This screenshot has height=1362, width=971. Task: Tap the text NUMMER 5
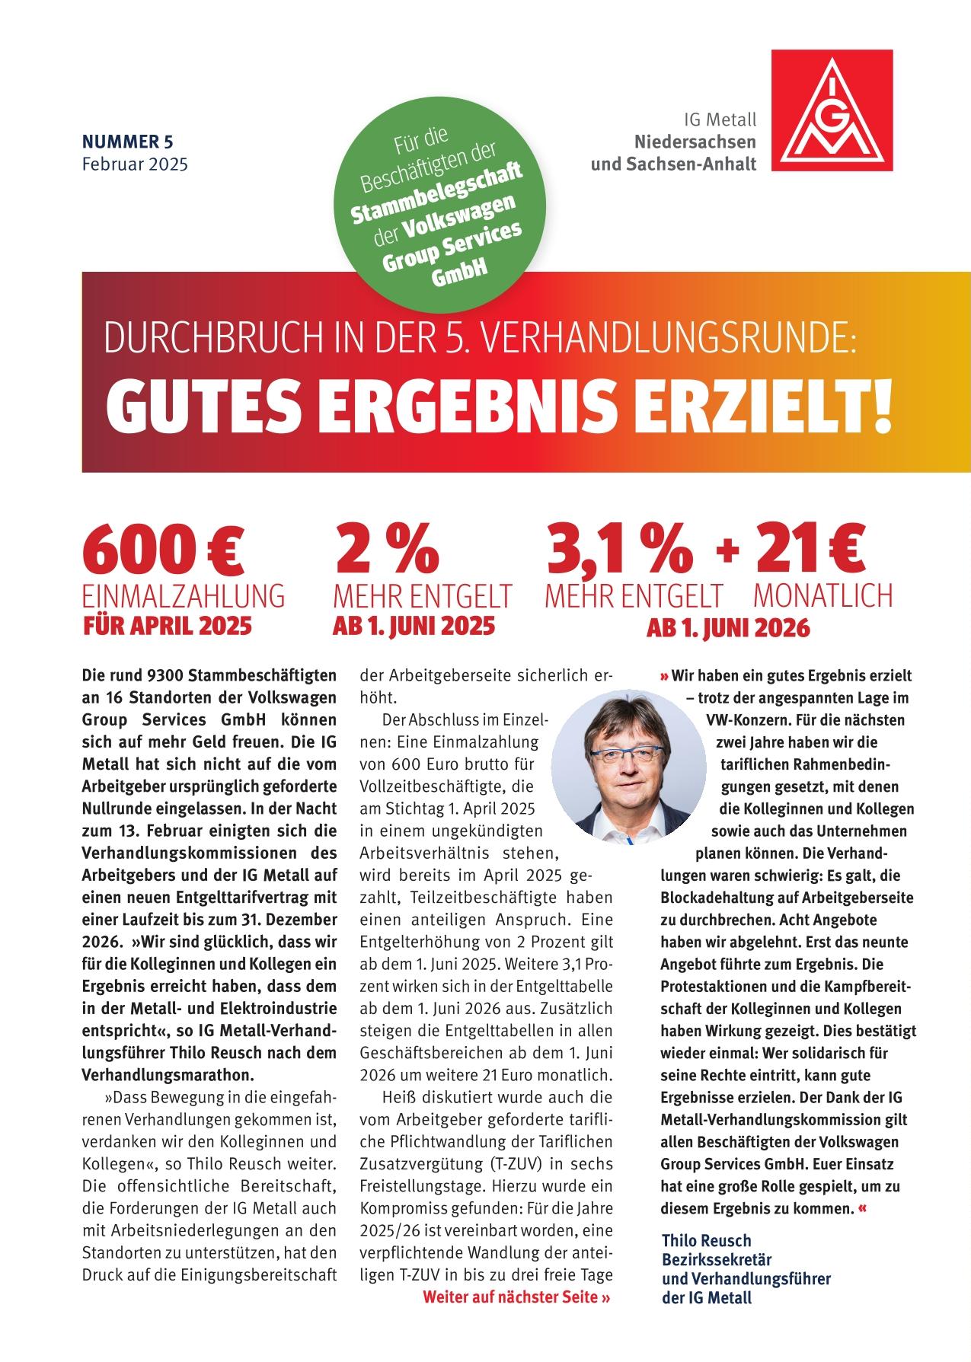(x=128, y=141)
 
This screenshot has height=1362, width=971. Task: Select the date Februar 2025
(x=135, y=162)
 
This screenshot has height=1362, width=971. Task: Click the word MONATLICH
(x=822, y=596)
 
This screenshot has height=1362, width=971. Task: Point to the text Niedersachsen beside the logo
(x=695, y=142)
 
